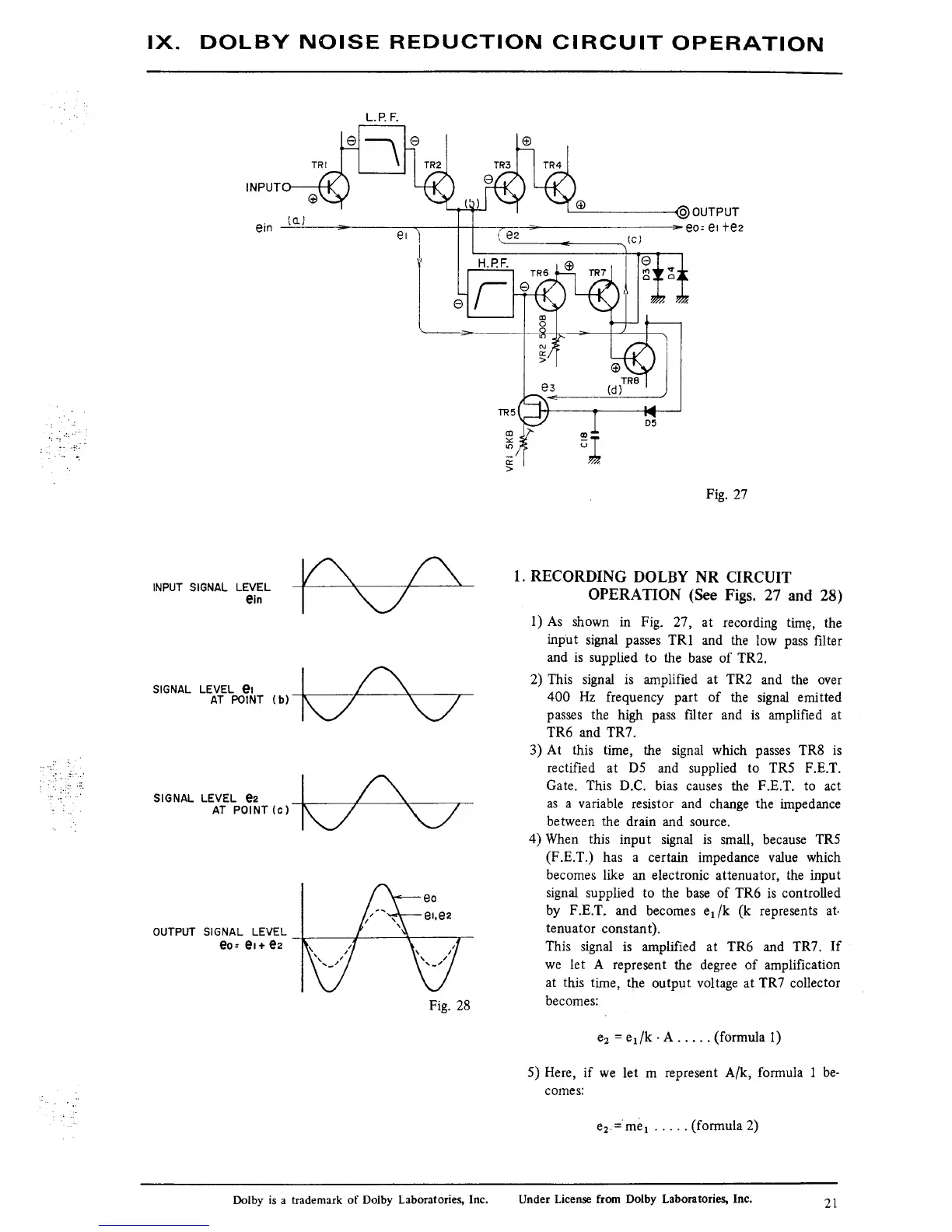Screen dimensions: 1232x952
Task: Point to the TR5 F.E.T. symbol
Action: tap(534, 410)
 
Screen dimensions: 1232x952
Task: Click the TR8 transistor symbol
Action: tap(639, 359)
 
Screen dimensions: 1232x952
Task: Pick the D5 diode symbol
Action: tap(649, 411)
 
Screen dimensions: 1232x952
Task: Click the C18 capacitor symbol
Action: tap(595, 436)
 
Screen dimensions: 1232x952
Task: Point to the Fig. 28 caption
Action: tap(450, 1005)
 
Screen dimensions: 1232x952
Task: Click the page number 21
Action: tap(829, 1204)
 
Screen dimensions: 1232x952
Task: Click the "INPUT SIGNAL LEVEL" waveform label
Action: tap(212, 587)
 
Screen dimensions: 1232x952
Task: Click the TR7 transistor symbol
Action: tap(604, 295)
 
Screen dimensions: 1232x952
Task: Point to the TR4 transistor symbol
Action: tap(559, 187)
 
